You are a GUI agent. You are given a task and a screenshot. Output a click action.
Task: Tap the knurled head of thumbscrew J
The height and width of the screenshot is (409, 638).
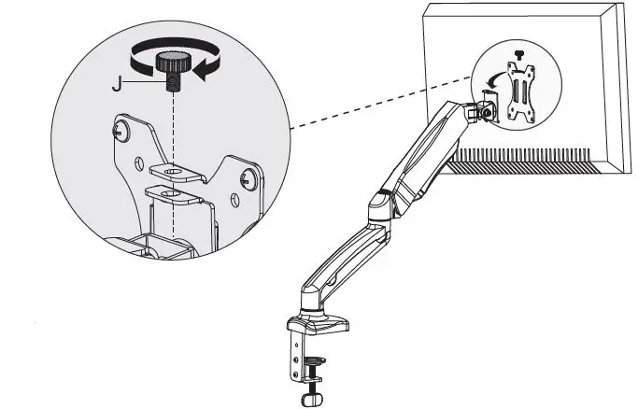pos(173,63)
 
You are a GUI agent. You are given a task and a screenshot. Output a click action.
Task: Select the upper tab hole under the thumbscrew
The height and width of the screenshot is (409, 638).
pos(174,172)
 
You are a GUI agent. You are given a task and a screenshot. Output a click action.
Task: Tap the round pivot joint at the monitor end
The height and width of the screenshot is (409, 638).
pos(486,109)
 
